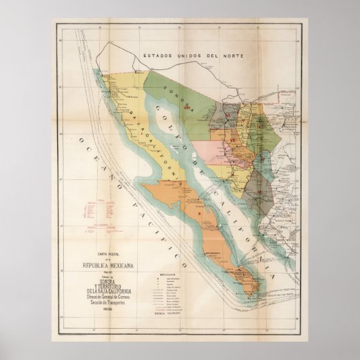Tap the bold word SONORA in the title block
109,276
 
